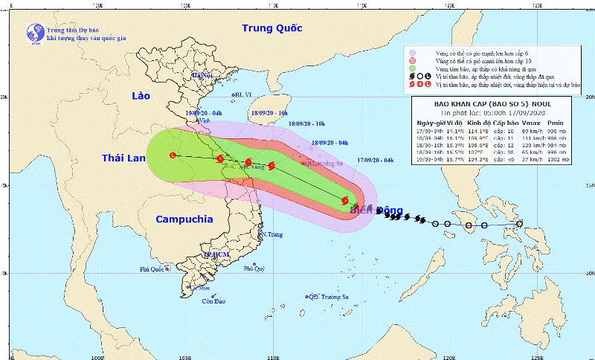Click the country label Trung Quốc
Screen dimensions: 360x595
[272, 28]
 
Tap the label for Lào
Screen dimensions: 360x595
[141, 97]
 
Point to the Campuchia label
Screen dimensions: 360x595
[184, 219]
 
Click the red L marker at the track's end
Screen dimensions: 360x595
[173, 155]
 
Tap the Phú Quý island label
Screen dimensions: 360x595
[254, 269]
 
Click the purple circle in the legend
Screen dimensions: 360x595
[411, 53]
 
